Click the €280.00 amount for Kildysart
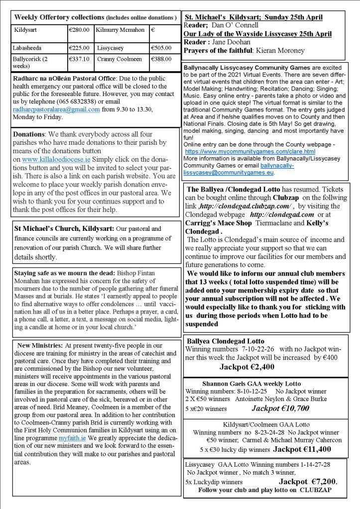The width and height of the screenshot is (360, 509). (x=79, y=30)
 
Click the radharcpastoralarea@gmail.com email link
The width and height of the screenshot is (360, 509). (x=57, y=109)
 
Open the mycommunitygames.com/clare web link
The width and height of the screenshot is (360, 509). (x=250, y=151)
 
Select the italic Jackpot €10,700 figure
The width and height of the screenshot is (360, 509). (x=280, y=408)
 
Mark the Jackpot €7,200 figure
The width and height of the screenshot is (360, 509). (x=307, y=482)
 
